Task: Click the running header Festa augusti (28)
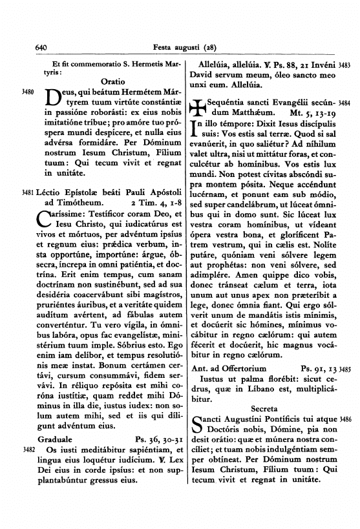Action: (x=179, y=47)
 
